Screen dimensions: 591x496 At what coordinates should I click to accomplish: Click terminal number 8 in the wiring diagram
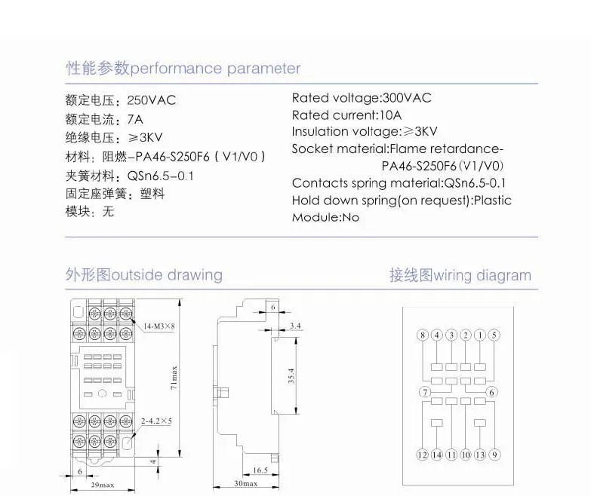pos(423,335)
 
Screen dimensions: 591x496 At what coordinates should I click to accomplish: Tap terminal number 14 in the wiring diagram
pos(436,455)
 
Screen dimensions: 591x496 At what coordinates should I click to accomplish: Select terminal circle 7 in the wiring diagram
pos(425,392)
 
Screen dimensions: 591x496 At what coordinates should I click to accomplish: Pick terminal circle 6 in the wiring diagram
pos(491,392)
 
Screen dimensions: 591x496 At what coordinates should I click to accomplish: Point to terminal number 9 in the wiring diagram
pos(494,455)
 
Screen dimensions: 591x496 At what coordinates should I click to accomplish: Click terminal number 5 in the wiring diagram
pos(494,335)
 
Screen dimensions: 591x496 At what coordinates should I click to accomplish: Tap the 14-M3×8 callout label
pos(159,326)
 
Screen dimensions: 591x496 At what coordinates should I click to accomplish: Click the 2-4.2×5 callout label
pos(156,421)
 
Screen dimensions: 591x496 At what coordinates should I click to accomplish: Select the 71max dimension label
pos(174,378)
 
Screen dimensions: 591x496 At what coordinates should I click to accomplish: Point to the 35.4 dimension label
pos(291,375)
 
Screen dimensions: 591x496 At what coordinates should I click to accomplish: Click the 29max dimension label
pos(103,485)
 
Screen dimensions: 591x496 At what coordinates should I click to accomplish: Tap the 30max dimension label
pos(246,484)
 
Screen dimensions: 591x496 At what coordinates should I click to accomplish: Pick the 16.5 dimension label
pos(260,470)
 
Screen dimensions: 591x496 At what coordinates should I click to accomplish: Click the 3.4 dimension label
pos(295,326)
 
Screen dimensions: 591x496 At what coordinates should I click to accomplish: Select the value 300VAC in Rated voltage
pos(407,98)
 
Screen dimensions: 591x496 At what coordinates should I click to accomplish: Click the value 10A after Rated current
pos(390,115)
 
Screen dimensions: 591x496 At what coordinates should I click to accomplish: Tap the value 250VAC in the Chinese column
pos(152,100)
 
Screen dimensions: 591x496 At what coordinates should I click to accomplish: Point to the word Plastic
pos(492,201)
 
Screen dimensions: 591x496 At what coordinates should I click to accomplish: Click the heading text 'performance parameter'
pos(215,69)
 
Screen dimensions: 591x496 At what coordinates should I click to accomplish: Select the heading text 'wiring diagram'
pos(482,275)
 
